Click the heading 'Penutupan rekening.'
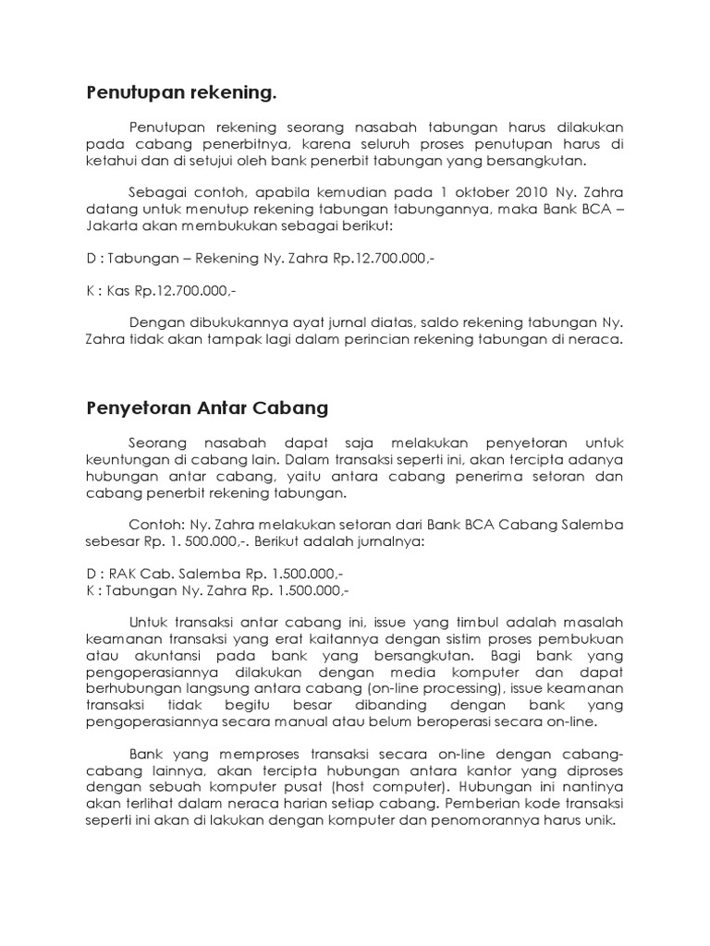point(181,92)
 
